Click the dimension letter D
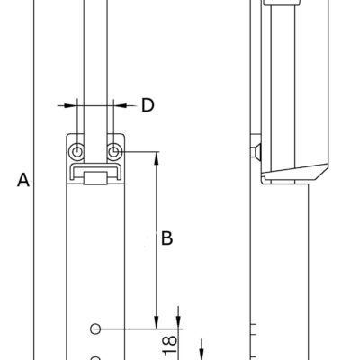coord(148,105)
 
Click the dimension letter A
coord(23,180)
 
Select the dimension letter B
coord(167,238)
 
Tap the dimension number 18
coord(170,345)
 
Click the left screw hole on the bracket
coord(77,152)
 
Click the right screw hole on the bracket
coord(113,152)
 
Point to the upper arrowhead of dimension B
coord(157,158)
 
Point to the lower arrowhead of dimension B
coord(157,322)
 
